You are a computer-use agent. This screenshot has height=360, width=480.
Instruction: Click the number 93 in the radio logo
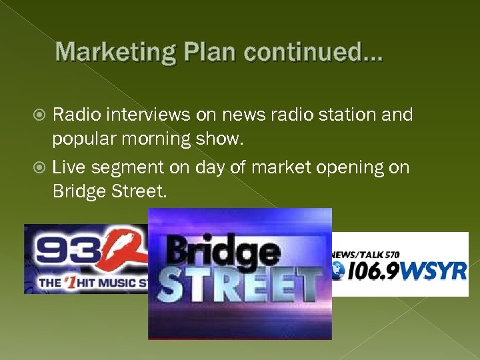[67, 251]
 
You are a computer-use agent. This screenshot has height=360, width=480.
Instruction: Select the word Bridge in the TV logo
[223, 251]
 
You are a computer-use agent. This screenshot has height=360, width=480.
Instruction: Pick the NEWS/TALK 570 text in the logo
[366, 255]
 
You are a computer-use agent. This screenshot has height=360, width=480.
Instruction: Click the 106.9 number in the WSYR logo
[371, 272]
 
